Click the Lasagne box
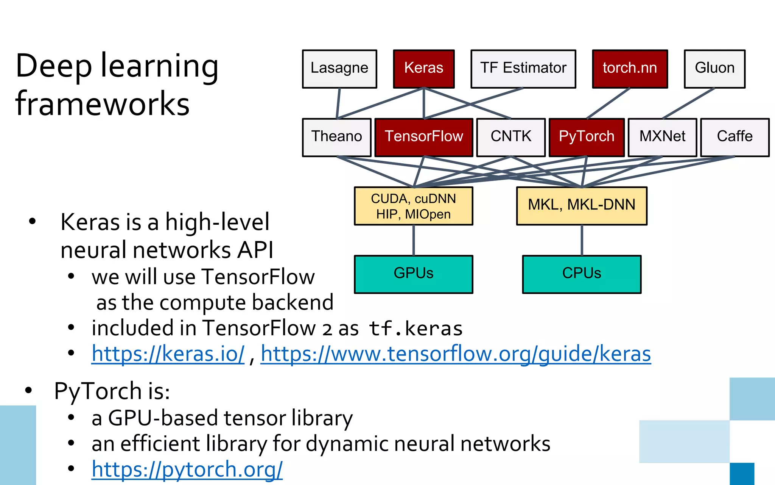339,69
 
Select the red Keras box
423,69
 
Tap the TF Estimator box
523,69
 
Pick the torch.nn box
630,69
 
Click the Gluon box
714,69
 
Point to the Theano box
336,137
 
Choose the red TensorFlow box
424,137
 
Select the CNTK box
511,137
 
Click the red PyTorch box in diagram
587,137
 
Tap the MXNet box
662,137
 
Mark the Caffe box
735,137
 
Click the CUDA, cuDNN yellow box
413,206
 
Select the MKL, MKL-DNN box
582,206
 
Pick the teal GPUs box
413,274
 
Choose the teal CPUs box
582,274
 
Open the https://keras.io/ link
168,354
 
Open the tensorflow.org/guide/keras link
456,354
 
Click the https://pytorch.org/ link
187,469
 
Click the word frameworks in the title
102,104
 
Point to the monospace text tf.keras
416,329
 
